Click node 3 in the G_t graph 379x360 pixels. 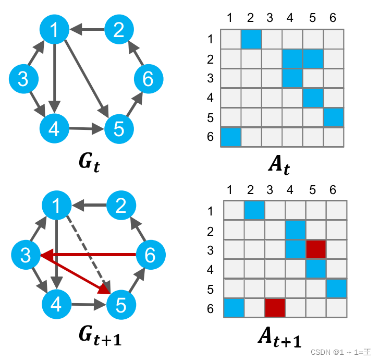pyautogui.click(x=23, y=80)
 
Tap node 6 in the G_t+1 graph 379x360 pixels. pyautogui.click(x=150, y=255)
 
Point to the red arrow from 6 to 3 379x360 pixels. pyautogui.click(x=94, y=255)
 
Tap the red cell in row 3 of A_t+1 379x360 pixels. pyautogui.click(x=315, y=249)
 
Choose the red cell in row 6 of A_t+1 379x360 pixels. pyautogui.click(x=274, y=307)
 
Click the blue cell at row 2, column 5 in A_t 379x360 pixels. pyautogui.click(x=313, y=58)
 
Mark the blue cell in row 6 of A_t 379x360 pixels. pyautogui.click(x=230, y=137)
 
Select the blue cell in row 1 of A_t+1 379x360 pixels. pyautogui.click(x=254, y=210)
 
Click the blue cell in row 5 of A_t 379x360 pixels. pyautogui.click(x=334, y=117)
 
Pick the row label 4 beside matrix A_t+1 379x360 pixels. pyautogui.click(x=211, y=269)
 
